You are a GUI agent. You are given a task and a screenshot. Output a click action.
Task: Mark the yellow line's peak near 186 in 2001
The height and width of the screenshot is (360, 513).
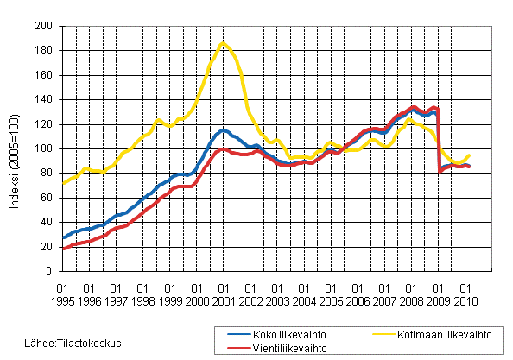(x=223, y=42)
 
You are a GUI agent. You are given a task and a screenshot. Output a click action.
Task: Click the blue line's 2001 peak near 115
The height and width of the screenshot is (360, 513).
(x=224, y=130)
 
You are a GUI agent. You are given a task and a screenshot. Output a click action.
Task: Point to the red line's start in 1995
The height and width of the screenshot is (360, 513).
(x=63, y=249)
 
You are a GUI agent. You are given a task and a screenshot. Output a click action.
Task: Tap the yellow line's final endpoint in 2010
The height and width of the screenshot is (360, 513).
(x=470, y=155)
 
